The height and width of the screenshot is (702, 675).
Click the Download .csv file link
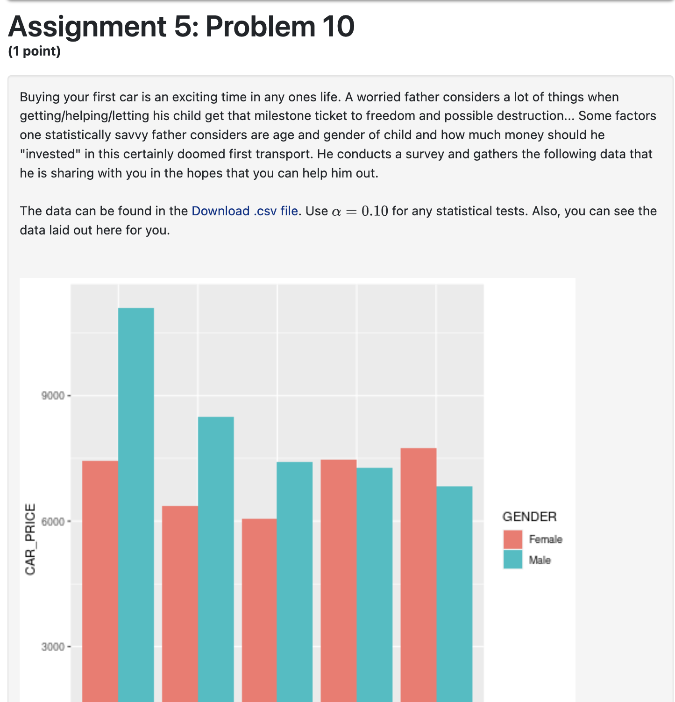[245, 211]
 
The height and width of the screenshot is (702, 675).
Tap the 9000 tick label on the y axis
[53, 396]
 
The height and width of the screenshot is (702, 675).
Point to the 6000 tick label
[53, 521]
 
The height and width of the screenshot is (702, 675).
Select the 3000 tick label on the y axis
[53, 647]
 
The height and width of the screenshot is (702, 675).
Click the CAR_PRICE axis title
[30, 539]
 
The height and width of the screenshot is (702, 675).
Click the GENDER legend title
[529, 517]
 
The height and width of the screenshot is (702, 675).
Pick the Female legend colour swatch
[512, 539]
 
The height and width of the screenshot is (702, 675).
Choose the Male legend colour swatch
[512, 560]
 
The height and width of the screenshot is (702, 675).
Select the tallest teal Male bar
[136, 504]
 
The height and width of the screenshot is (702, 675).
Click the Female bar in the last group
[419, 574]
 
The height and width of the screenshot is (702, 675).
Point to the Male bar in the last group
[455, 594]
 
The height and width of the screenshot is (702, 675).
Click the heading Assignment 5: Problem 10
[181, 27]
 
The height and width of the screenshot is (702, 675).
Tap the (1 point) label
[35, 51]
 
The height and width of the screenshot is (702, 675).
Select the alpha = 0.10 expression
[360, 211]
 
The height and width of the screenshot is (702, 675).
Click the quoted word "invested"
[50, 154]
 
